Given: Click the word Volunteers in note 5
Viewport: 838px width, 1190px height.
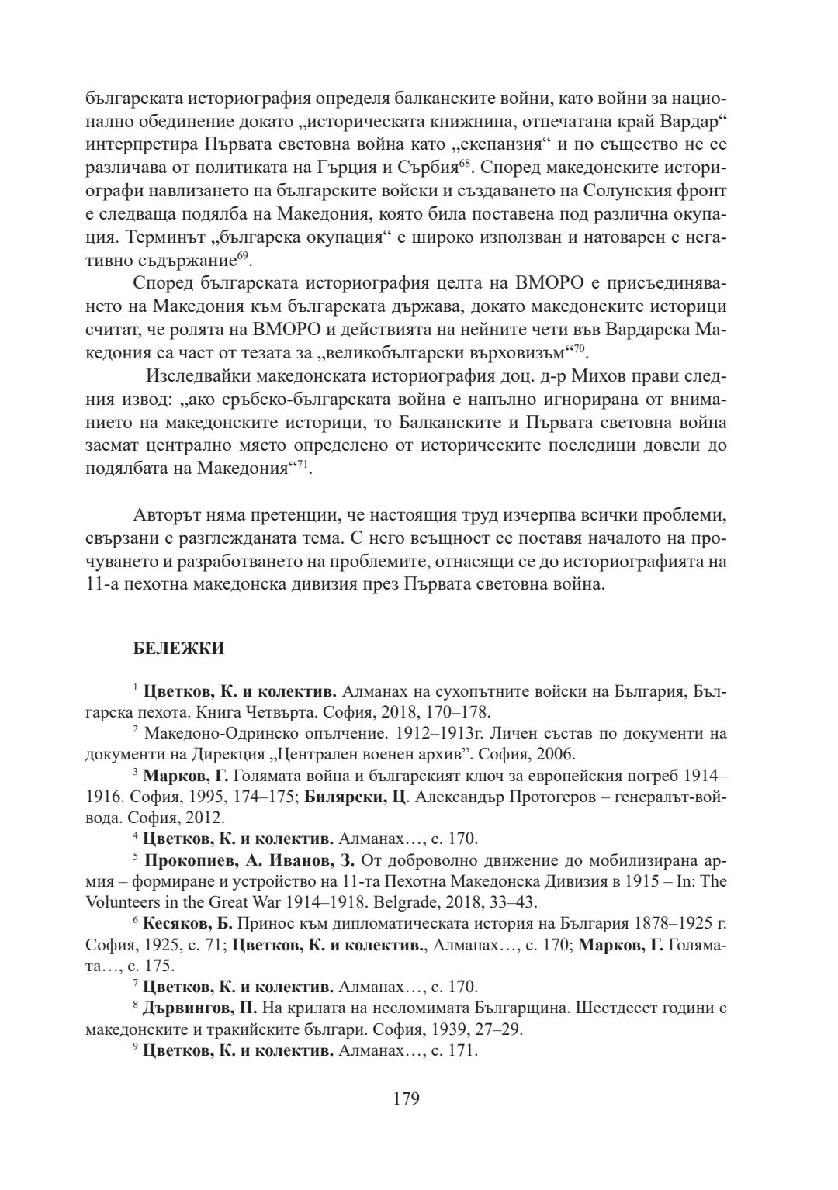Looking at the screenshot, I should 124,902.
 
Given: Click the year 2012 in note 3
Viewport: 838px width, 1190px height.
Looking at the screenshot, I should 208,818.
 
